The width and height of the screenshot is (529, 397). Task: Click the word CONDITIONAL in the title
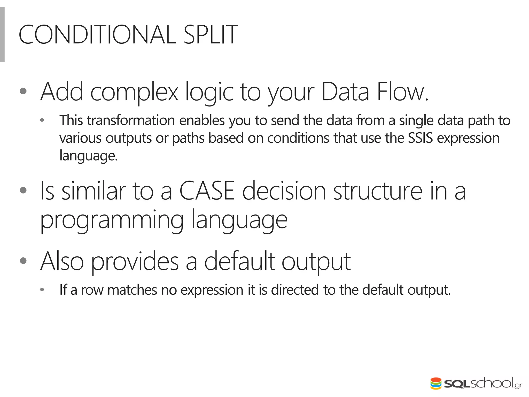[97, 35]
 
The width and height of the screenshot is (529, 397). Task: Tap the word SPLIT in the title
[210, 35]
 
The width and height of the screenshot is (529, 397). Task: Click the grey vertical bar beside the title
[2, 34]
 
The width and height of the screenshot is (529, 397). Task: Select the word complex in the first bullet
[134, 93]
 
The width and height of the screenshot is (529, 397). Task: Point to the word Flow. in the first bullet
[403, 92]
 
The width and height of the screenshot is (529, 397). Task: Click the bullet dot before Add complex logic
[23, 91]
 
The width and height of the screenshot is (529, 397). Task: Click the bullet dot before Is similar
[23, 190]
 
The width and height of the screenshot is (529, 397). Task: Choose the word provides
[135, 262]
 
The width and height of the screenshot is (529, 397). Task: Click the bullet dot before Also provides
[23, 261]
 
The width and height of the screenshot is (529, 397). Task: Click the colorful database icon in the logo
[436, 384]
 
